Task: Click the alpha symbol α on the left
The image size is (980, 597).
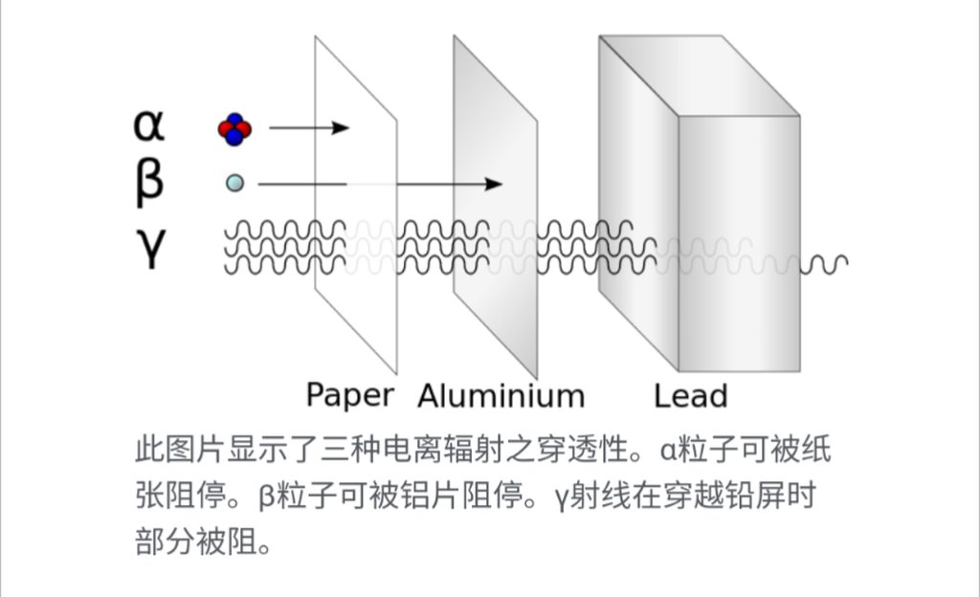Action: point(149,125)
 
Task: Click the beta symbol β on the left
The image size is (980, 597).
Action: point(148,182)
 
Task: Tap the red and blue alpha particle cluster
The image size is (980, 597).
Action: point(234,128)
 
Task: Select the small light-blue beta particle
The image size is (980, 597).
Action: point(234,183)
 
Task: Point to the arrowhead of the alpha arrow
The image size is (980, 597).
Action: point(342,128)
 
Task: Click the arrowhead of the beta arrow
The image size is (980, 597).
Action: point(494,184)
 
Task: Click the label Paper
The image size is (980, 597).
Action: point(349,395)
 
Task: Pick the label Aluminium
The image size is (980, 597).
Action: point(501,395)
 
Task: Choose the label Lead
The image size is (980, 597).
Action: point(691,395)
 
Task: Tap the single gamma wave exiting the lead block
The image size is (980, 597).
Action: point(824,262)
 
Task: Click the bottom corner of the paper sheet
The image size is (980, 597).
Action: point(395,372)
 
